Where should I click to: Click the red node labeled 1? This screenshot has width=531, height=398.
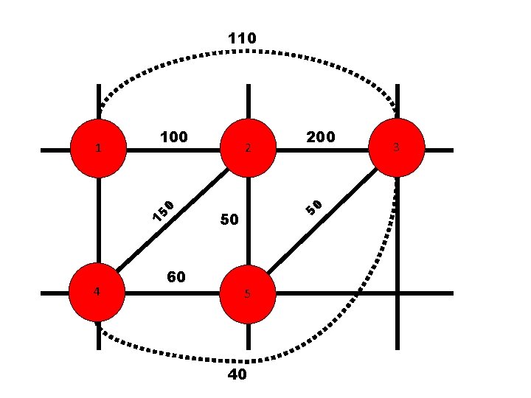click(99, 149)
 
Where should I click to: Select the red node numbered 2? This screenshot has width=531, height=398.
click(249, 149)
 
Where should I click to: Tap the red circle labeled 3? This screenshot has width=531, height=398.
click(397, 149)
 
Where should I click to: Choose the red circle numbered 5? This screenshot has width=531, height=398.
click(249, 293)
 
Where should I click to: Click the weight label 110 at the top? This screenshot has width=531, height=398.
click(242, 38)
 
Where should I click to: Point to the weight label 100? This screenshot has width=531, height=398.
click(174, 137)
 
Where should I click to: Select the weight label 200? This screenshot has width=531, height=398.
click(321, 137)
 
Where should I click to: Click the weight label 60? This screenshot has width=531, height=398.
click(176, 277)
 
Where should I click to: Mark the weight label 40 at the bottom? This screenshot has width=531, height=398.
click(237, 375)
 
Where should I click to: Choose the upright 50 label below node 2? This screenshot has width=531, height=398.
click(229, 220)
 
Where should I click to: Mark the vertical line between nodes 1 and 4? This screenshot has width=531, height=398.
click(98, 221)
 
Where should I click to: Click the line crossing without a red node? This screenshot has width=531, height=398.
click(398, 293)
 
